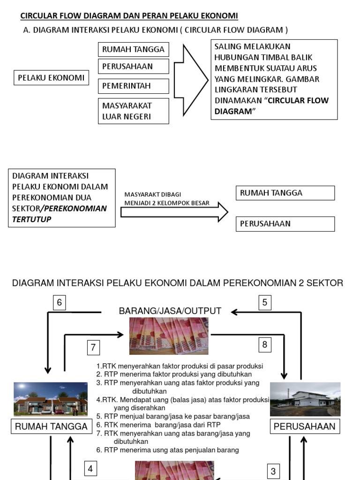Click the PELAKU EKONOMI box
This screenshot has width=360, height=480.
(x=51, y=78)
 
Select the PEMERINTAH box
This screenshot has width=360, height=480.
(x=133, y=86)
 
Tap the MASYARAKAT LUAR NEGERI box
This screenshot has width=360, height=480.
(x=133, y=111)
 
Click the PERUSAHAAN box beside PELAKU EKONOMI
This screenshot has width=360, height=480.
(x=133, y=66)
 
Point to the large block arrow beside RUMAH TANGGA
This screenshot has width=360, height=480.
(x=191, y=80)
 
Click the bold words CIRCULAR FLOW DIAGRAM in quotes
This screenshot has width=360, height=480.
(x=271, y=105)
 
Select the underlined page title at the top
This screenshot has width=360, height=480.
(x=129, y=16)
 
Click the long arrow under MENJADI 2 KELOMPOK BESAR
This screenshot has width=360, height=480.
(x=173, y=212)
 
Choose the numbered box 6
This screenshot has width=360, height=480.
(x=59, y=303)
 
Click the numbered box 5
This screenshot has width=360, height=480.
(x=265, y=303)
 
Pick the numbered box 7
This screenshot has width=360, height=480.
(x=93, y=347)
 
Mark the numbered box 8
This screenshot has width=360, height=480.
(x=265, y=345)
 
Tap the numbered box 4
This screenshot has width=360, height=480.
(x=90, y=468)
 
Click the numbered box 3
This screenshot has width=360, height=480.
(x=273, y=471)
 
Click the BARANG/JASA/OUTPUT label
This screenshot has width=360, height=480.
(x=170, y=311)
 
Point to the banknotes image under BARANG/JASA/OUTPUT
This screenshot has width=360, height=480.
(x=169, y=336)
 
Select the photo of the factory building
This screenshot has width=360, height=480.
(x=305, y=399)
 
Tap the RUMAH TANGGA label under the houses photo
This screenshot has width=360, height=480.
(x=52, y=427)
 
